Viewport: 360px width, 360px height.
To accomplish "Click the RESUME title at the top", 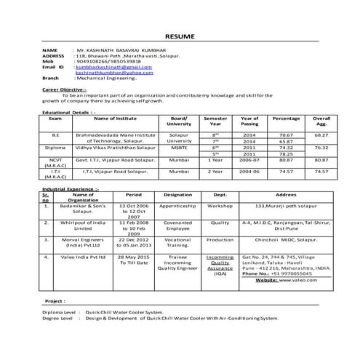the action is [180, 36].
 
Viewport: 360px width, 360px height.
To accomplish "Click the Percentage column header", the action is [286, 119].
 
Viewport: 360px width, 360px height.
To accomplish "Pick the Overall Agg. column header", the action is [321, 121].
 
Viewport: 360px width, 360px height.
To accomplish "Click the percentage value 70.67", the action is [286, 135].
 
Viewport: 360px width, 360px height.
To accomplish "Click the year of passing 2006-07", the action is [249, 159].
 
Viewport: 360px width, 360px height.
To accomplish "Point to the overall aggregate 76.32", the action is [321, 148].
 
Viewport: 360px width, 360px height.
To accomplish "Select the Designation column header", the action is [178, 194].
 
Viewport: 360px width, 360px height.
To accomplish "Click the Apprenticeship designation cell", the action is [178, 206].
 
